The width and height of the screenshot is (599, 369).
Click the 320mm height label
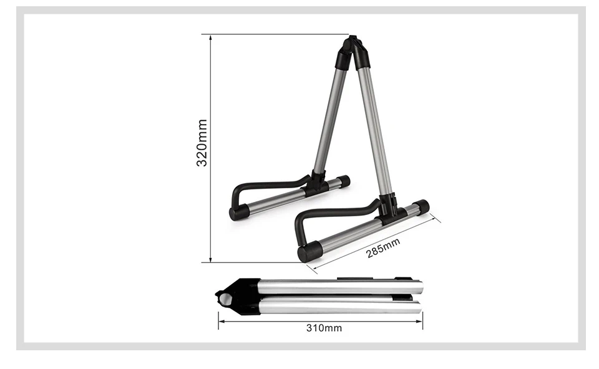pyautogui.click(x=202, y=143)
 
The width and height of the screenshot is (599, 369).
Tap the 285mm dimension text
pyautogui.click(x=382, y=247)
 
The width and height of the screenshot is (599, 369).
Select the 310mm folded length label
pyautogui.click(x=324, y=328)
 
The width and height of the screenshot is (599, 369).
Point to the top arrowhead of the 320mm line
pyautogui.click(x=210, y=37)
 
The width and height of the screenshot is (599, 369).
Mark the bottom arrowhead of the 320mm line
pyautogui.click(x=210, y=259)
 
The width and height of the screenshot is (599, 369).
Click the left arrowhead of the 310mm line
pyautogui.click(x=222, y=321)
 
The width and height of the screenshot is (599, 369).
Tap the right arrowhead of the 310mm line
pyautogui.click(x=419, y=321)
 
